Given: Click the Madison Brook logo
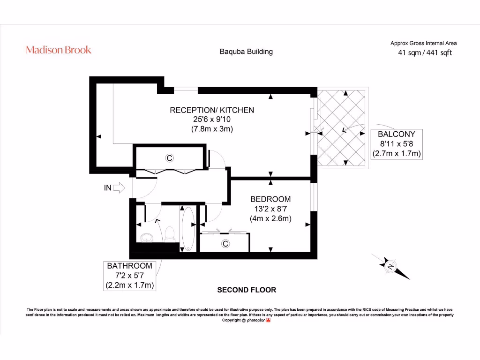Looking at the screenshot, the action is (59, 50).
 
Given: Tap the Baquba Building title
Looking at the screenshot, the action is (246, 52).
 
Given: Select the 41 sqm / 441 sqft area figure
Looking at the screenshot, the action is (425, 52).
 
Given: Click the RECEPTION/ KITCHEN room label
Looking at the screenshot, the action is (212, 110).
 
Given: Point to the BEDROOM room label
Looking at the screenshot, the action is (270, 199).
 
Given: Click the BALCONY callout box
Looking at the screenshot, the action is (397, 144).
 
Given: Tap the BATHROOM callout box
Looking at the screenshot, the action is (129, 276).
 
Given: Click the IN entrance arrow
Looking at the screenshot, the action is (119, 187).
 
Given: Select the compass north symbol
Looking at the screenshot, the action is (390, 266).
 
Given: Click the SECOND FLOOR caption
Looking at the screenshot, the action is (247, 290).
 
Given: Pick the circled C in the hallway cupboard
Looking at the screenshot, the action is (169, 158).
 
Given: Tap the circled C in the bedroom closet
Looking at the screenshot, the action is (225, 244).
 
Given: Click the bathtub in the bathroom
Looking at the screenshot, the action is (188, 229).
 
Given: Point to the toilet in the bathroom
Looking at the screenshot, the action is (170, 234).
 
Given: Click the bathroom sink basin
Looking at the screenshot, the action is (147, 238).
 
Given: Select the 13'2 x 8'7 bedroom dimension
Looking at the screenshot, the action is (270, 209).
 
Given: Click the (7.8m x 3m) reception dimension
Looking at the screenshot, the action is (212, 129).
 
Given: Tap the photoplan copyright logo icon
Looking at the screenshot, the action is (269, 320).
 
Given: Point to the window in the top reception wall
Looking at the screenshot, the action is (186, 90).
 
